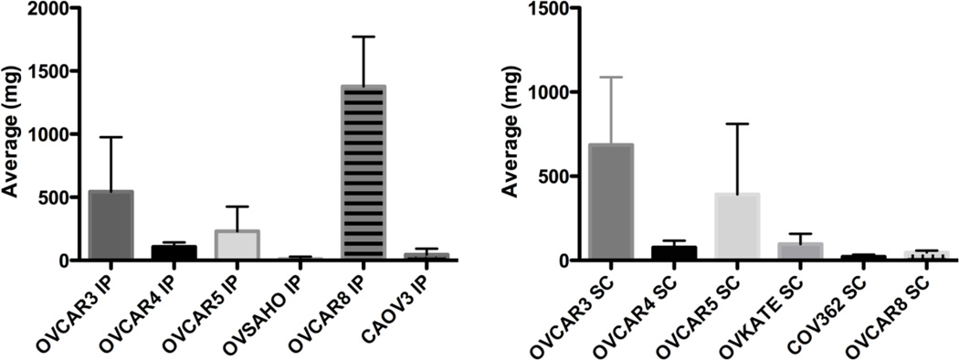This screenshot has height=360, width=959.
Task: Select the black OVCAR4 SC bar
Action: [x=674, y=253]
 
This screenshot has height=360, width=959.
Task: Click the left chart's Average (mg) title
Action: [x=12, y=134]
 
